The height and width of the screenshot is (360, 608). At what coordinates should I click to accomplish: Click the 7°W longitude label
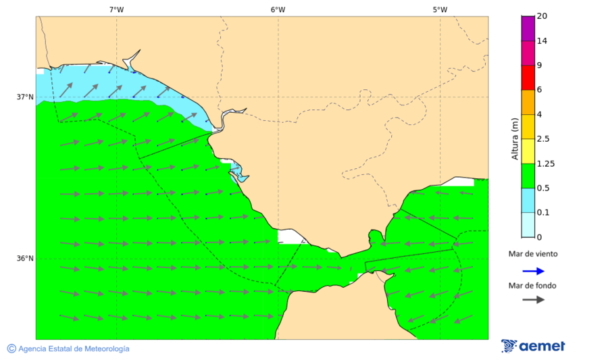point(116,9)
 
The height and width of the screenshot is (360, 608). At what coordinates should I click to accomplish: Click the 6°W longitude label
point(278,9)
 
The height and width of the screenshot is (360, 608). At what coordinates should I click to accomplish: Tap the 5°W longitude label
point(440,9)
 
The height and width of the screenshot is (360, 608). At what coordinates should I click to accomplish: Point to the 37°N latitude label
point(25,97)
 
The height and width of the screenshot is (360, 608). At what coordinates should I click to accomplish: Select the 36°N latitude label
point(25,259)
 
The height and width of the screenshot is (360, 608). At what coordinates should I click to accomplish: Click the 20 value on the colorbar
point(542,16)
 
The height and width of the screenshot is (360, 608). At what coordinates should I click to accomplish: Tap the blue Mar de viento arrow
point(533,271)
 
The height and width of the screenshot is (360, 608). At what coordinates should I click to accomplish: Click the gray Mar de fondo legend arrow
point(533,299)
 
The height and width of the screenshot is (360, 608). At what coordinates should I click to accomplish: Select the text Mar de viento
point(533,254)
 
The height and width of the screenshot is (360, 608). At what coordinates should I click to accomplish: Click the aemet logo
point(533,346)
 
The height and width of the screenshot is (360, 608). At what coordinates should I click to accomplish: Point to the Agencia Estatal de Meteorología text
point(74,349)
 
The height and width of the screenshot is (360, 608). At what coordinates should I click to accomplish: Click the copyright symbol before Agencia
point(11,349)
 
